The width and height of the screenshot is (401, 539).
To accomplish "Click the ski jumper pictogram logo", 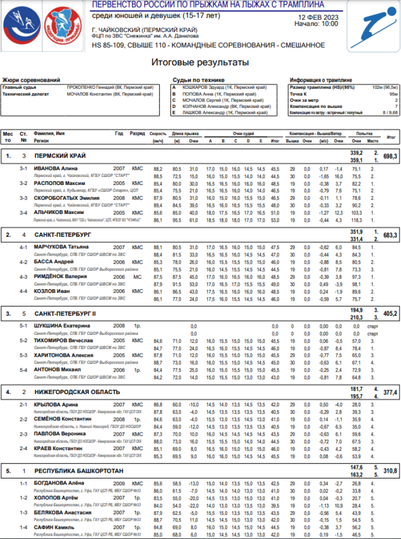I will click(x=372, y=26).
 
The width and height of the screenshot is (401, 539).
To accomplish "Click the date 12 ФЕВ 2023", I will click(x=318, y=17).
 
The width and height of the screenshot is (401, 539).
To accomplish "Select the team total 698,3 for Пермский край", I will click(x=390, y=156).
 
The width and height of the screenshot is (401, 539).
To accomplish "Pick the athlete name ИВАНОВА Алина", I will click(x=56, y=168).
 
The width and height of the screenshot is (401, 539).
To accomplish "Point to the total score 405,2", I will click(x=390, y=313).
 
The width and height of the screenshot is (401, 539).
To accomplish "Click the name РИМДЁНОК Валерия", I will click(x=61, y=277).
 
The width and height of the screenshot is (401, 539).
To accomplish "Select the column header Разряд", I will click(x=137, y=133).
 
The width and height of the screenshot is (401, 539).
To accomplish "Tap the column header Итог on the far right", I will click(x=391, y=137).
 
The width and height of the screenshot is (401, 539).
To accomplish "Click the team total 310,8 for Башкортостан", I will click(x=390, y=471).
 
